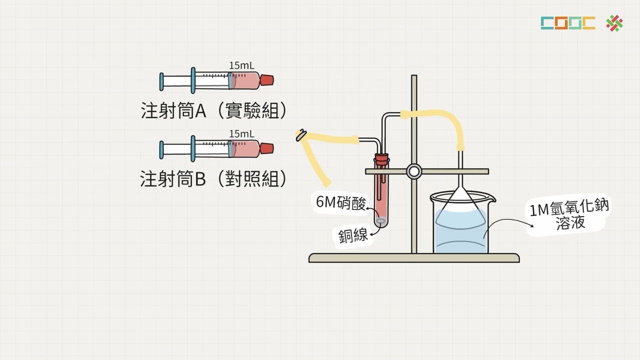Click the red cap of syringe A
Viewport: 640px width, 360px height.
click(x=267, y=80)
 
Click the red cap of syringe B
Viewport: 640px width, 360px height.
click(x=267, y=148)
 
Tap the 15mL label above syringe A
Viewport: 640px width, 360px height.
click(x=241, y=65)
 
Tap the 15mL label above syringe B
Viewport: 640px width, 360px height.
click(x=241, y=133)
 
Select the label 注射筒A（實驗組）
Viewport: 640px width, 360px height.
click(x=214, y=110)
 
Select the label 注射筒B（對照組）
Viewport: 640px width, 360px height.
click(x=214, y=178)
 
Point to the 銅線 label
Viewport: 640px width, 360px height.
click(x=353, y=234)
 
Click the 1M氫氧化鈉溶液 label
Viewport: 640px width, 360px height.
click(x=570, y=214)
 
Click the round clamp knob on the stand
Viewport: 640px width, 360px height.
click(x=414, y=171)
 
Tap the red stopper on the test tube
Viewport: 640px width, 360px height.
click(x=382, y=160)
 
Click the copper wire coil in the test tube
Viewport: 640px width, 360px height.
click(x=381, y=220)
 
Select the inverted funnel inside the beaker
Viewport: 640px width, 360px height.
click(x=460, y=202)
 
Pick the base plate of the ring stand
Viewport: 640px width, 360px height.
click(x=414, y=258)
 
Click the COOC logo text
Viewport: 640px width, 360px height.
click(x=568, y=23)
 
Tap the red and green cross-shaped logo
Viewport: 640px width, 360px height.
click(x=614, y=23)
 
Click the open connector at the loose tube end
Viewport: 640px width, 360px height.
click(x=301, y=135)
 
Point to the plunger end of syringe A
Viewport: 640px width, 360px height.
click(x=161, y=81)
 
